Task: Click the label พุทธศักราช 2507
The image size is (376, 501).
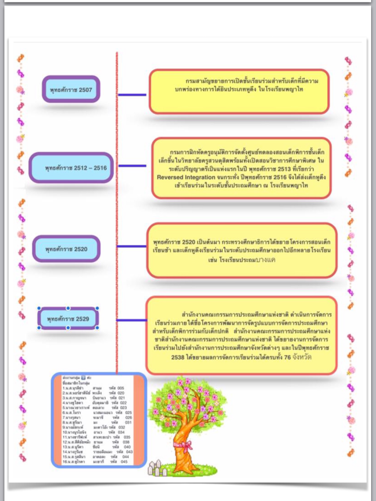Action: (71, 90)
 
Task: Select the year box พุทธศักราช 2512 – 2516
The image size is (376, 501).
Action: (71, 168)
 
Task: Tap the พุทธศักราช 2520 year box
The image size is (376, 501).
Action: (67, 249)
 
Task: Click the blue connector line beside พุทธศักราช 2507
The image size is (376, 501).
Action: (132, 94)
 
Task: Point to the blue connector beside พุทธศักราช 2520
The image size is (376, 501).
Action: (132, 246)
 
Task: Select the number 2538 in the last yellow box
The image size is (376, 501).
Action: (163, 358)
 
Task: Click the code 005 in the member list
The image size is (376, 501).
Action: (121, 387)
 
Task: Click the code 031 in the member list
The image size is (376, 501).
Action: (128, 422)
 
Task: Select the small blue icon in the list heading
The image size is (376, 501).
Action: (84, 378)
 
